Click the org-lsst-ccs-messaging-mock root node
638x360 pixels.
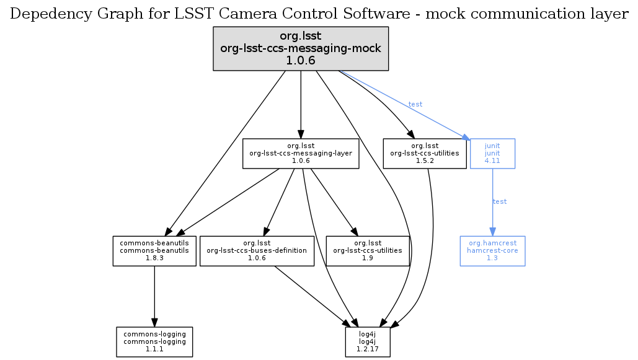point(301,48)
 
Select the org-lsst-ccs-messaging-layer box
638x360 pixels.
point(301,153)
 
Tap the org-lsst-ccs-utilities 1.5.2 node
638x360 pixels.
point(425,153)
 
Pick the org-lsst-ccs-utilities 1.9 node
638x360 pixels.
point(368,250)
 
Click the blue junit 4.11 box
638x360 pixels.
point(492,153)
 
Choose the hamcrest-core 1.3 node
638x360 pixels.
point(492,250)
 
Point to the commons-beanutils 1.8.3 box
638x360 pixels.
point(154,250)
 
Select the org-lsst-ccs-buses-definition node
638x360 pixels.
point(257,250)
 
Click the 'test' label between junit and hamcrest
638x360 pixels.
point(500,202)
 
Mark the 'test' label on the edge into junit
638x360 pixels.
point(415,104)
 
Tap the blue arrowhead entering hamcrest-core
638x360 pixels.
point(492,231)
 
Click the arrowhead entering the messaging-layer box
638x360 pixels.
point(301,133)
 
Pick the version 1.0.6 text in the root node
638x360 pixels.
point(301,61)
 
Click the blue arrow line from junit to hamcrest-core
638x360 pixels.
point(492,186)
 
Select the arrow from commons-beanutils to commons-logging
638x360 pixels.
point(154,291)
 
